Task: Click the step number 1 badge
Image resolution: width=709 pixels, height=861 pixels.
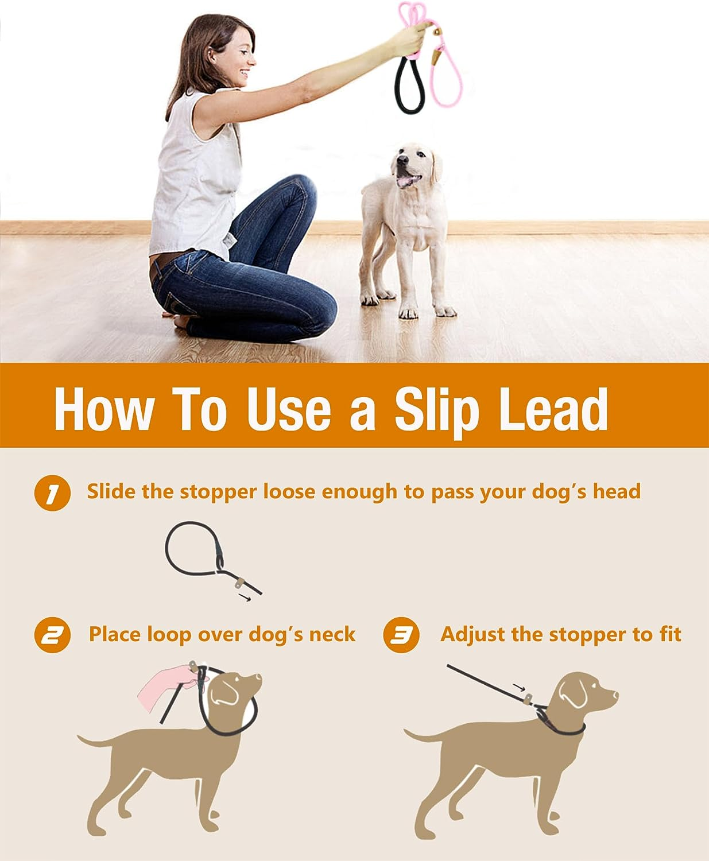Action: pyautogui.click(x=52, y=493)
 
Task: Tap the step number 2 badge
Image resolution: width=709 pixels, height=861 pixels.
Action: pyautogui.click(x=52, y=635)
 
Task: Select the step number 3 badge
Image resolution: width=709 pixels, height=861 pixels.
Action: pyautogui.click(x=401, y=635)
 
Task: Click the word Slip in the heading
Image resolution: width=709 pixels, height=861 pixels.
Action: pyautogui.click(x=436, y=410)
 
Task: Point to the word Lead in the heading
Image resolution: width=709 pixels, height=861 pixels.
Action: pyautogui.click(x=553, y=409)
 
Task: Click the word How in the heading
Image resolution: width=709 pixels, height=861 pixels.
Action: pyautogui.click(x=104, y=409)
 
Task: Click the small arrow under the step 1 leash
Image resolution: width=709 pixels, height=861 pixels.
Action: pyautogui.click(x=245, y=599)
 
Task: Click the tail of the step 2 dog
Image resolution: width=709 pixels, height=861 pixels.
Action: pyautogui.click(x=92, y=741)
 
